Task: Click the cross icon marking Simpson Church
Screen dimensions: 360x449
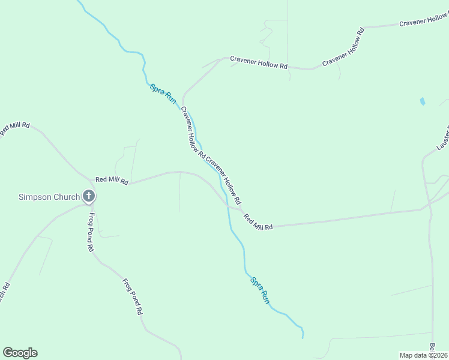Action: pos(89,196)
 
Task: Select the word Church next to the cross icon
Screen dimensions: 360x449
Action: pos(67,197)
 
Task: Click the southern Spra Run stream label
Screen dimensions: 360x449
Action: pos(260,290)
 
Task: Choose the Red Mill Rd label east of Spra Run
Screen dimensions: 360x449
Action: pos(258,221)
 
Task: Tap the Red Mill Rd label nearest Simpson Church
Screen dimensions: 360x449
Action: pos(112,181)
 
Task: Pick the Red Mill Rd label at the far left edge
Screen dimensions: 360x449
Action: pos(14,128)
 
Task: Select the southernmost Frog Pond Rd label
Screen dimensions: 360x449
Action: pos(132,297)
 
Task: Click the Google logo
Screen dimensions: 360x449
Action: pos(20,353)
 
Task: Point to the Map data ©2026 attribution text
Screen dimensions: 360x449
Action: pos(424,355)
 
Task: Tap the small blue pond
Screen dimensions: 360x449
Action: pos(423,101)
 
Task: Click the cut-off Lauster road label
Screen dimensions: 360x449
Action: pos(443,138)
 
